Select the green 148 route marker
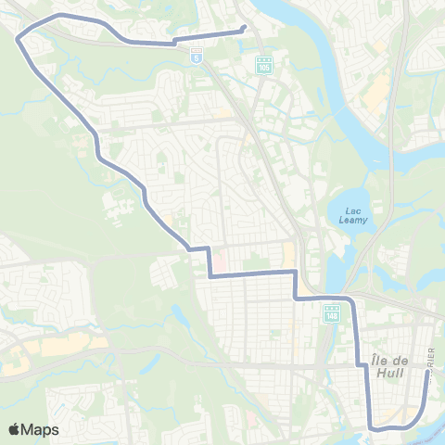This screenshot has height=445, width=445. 332,314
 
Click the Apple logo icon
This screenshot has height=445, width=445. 15,429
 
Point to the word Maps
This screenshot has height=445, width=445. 41,429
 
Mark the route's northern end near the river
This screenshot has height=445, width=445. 243,28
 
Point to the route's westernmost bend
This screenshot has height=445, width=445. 19,38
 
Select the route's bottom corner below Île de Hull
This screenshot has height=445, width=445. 371,426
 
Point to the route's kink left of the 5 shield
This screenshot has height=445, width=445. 172,42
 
